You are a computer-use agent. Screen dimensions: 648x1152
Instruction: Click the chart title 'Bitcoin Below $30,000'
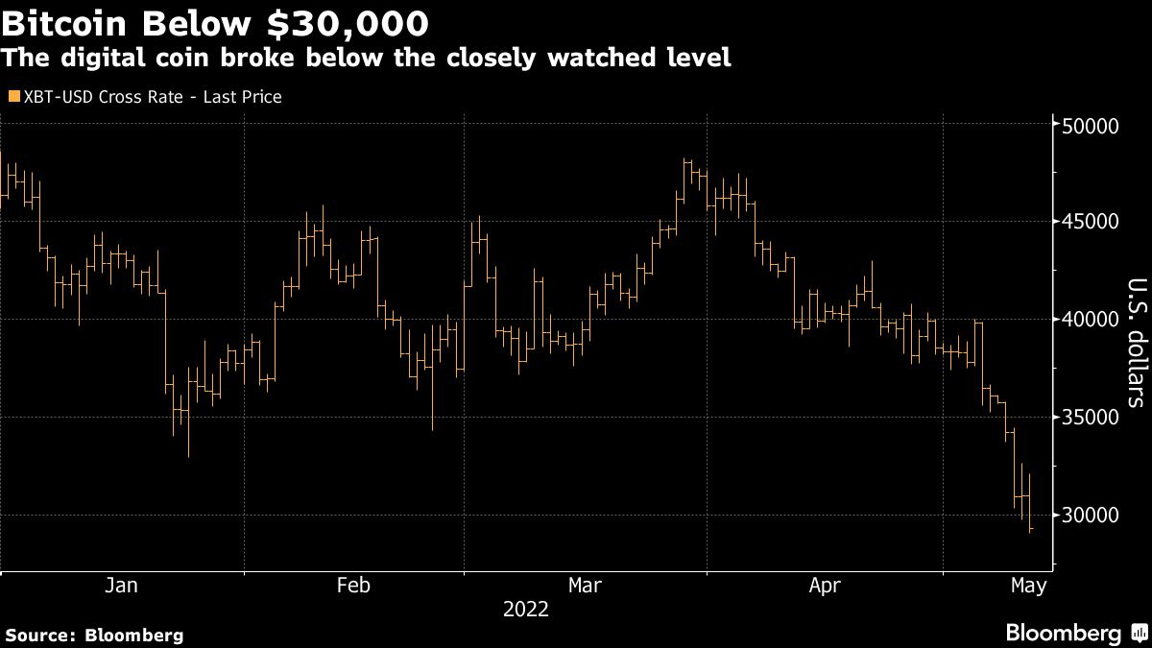point(215,20)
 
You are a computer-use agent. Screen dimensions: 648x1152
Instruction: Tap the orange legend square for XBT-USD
point(12,97)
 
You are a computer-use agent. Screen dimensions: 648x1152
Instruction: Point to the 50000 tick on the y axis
point(1092,126)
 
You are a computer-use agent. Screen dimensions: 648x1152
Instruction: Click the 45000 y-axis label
point(1092,222)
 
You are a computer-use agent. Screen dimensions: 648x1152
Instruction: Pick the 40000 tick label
point(1092,320)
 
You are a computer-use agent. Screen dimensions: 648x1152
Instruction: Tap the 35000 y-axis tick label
point(1092,418)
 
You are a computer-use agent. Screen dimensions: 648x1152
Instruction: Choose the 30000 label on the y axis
point(1092,516)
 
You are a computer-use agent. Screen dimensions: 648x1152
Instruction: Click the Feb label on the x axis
point(353,585)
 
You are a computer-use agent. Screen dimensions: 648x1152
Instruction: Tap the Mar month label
point(586,585)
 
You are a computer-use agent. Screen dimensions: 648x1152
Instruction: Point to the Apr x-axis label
point(825,585)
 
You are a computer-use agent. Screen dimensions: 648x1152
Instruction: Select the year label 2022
point(525,610)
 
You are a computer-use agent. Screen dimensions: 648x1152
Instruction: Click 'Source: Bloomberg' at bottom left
point(93,635)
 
